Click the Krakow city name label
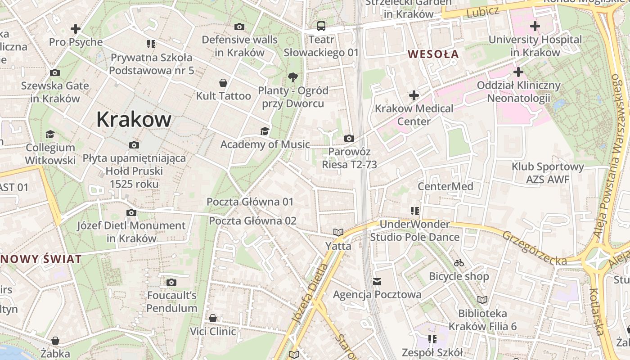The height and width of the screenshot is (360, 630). coord(134,120)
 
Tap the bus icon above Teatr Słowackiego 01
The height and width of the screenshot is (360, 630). coord(321,26)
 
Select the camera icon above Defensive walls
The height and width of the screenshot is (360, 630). coord(239,27)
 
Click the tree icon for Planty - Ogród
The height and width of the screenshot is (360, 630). coord(293,77)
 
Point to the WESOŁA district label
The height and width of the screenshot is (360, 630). coord(433,54)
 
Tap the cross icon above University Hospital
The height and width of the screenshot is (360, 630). coord(535,26)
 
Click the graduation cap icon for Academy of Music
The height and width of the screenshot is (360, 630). coord(265,131)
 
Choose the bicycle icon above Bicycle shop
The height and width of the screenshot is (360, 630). coord(459,263)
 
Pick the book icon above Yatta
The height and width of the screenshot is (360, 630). coord(338,233)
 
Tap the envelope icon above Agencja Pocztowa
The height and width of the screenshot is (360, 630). coord(377,282)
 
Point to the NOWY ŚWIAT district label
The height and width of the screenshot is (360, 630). coord(41,259)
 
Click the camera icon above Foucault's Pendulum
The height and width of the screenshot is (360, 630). coord(171,283)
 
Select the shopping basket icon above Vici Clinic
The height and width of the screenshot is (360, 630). coord(213,319)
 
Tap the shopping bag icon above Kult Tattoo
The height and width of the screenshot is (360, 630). coord(223,83)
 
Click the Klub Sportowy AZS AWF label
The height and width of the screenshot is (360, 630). coord(548,173)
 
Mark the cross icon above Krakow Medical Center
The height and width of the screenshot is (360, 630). coord(414,95)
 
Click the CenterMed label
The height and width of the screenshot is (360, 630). coord(445,186)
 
